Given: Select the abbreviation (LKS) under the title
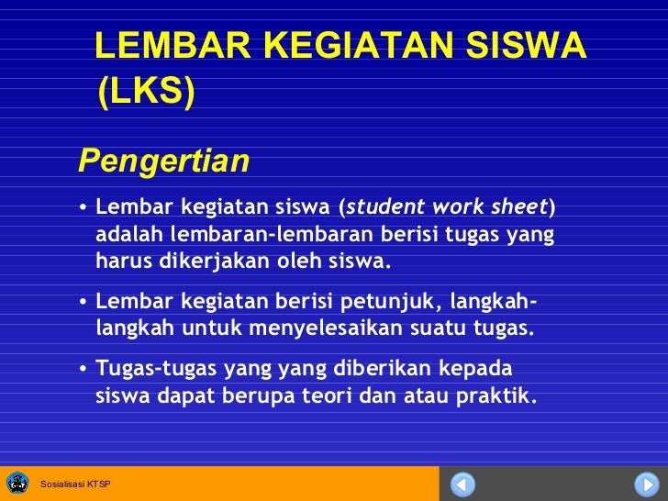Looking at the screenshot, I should pos(146,92).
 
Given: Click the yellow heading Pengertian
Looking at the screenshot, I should pos(163,161).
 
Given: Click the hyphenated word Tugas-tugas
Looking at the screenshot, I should pos(152,369).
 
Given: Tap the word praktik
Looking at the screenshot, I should pos(496,397).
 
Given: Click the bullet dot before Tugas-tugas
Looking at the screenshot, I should pos(83,370).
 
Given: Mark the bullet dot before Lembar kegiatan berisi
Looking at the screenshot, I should pos(83,302).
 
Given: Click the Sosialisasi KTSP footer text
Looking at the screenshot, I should pos(74,484).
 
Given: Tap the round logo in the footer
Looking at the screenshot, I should pos(17,483).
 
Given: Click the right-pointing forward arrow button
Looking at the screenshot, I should pos(645,484).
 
